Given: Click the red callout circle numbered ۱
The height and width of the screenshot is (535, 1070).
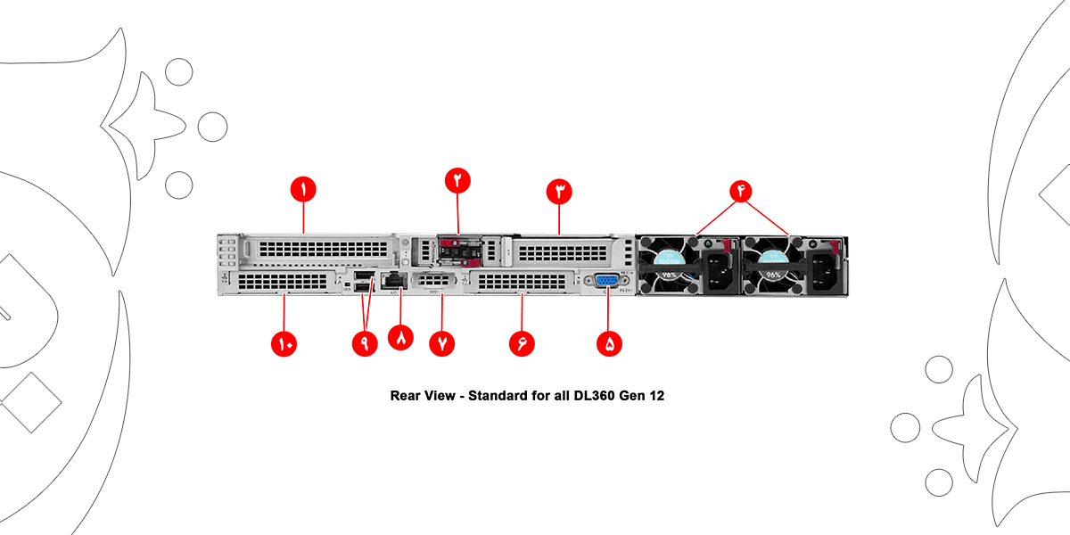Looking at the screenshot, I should coord(303,190).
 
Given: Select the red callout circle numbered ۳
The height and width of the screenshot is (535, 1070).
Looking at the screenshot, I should coord(559,191).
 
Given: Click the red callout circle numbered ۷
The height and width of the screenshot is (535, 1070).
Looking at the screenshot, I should coord(442,342).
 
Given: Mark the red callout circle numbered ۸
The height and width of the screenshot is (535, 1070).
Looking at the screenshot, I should coord(401,338).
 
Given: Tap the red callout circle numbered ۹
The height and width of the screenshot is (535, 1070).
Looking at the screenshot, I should coord(364,342).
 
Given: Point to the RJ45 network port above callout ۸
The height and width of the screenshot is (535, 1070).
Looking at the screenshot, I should coord(393,281).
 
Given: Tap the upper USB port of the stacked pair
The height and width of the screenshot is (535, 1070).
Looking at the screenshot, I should coord(362,276).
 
